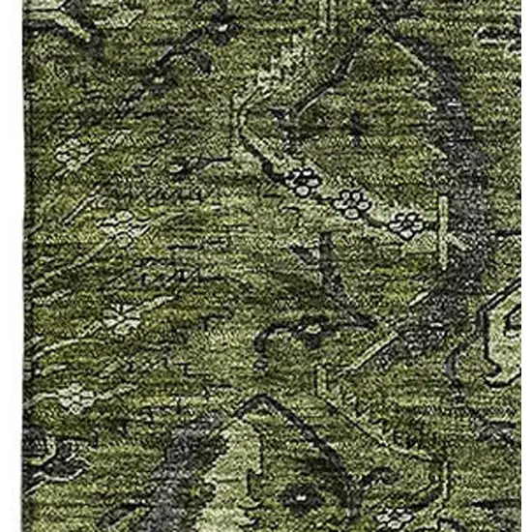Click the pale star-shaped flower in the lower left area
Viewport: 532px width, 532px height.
[120, 316]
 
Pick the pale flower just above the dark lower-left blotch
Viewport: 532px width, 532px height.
[74, 396]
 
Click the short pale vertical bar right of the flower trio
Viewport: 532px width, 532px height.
[444, 219]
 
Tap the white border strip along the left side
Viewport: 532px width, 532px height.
[11, 266]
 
